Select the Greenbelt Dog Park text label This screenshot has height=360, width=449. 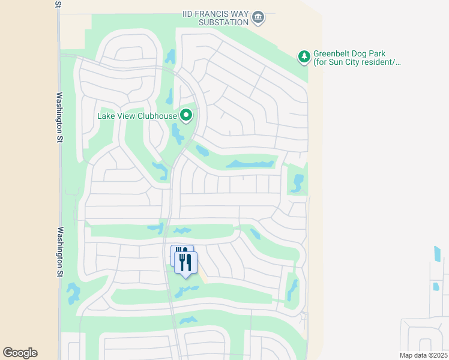[x=357, y=58]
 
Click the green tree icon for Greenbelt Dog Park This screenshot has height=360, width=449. [x=304, y=57]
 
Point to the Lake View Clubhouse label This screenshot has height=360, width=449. [x=137, y=116]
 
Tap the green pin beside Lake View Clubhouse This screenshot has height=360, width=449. [x=187, y=114]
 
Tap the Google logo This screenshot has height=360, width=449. [x=20, y=353]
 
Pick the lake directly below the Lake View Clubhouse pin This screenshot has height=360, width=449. [x=178, y=134]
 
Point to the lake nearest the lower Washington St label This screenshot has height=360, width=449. [x=73, y=293]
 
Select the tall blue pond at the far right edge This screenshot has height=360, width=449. [x=437, y=254]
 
